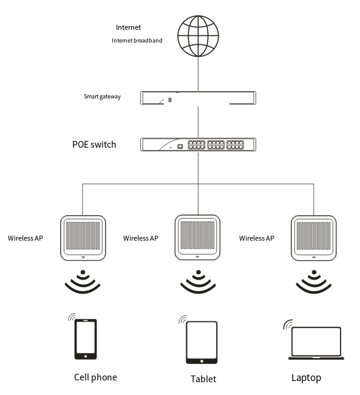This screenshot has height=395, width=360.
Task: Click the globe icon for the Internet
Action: pos(198,36)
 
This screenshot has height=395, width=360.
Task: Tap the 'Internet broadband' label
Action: pos(137,41)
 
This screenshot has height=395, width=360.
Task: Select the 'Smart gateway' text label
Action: pos(102,97)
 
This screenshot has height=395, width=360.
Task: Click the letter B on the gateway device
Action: pos(170,100)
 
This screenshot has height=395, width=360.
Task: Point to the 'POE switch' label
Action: pos(94,145)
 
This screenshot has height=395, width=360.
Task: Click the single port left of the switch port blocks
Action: pos(180,146)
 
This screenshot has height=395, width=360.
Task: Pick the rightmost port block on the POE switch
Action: pos(235,145)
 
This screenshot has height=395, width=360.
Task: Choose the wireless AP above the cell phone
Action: pos(83,238)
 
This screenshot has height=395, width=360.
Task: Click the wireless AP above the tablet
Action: pos(198,237)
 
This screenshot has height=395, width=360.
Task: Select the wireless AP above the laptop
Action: pos(314,238)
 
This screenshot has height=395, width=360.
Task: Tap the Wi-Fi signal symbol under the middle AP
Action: pos(198,281)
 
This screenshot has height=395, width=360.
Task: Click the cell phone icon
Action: pos(86,339)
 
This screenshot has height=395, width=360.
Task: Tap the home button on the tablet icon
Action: pos(202,361)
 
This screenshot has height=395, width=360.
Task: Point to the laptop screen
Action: pos(316,342)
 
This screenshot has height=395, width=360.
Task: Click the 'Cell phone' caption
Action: pos(95,377)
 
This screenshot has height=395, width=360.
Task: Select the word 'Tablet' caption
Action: pos(203,379)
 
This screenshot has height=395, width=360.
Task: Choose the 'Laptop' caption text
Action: pos(307,378)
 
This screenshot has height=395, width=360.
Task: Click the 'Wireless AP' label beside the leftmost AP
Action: pos(25,238)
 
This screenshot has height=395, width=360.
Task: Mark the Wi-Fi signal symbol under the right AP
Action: pos(314,281)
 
